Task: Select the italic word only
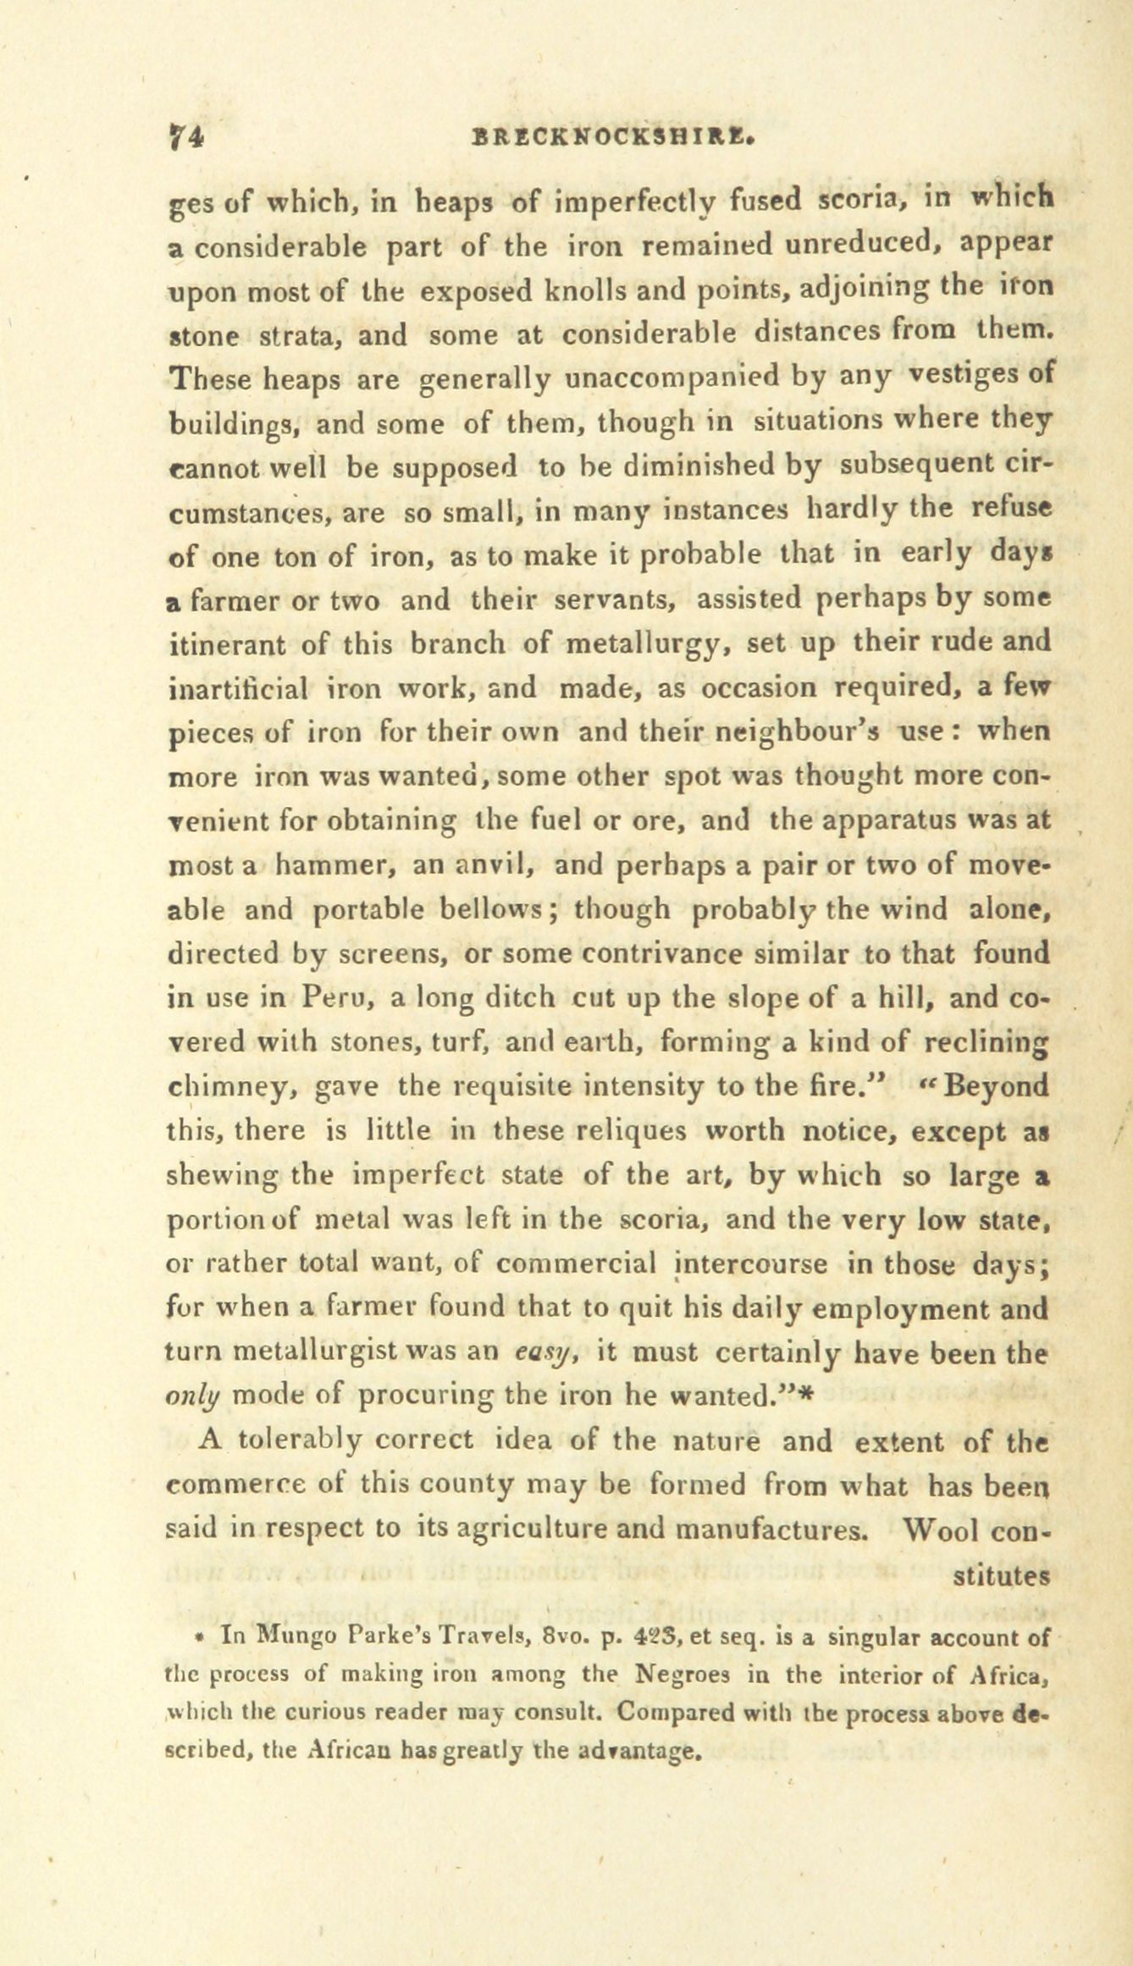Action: point(195,1396)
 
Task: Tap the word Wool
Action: point(942,1529)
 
